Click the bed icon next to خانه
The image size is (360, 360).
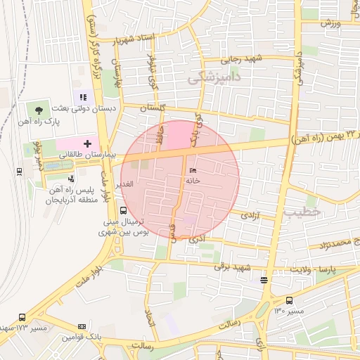193,171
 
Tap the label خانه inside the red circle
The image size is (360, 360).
193,181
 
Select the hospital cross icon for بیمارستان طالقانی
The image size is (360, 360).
87,143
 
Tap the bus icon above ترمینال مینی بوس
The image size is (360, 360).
124,210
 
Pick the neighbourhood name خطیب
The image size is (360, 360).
303,211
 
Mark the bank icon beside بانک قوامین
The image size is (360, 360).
82,326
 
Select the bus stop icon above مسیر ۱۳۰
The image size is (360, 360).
264,281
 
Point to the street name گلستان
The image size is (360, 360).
153,109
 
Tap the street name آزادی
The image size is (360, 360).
250,216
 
